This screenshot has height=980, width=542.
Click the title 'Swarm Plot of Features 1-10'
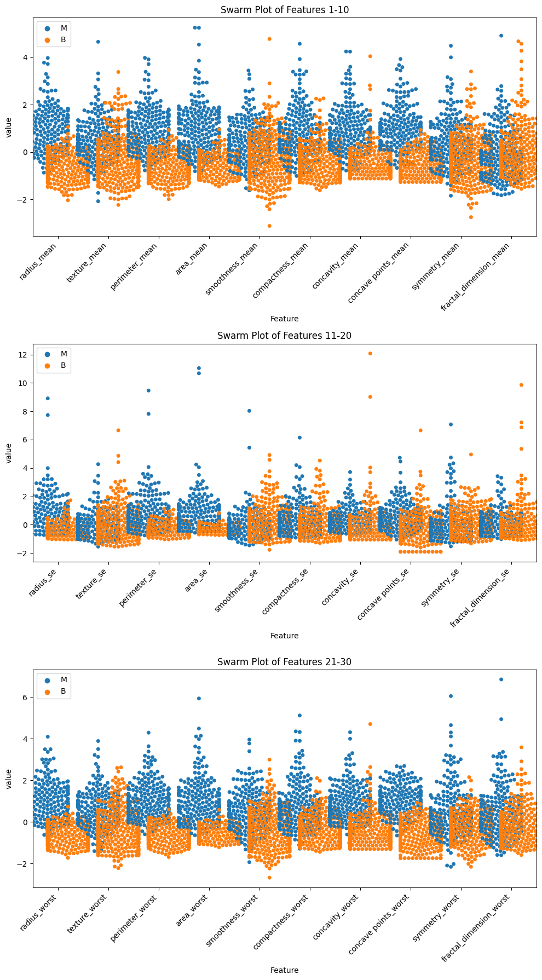point(284,9)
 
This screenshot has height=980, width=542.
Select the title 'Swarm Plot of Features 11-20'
point(284,336)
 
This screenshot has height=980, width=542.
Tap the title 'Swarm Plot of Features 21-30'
point(284,662)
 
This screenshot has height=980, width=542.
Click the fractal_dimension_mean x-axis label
point(476,276)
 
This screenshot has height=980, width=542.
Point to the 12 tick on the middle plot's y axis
point(24,355)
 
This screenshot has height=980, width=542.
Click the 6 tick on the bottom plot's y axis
point(26,697)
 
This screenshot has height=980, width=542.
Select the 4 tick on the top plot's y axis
point(26,57)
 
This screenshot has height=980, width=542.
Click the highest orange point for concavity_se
point(370,354)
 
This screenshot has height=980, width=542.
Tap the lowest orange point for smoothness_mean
point(269,226)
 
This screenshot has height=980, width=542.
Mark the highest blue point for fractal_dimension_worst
point(501,679)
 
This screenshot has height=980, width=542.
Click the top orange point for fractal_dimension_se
point(521,385)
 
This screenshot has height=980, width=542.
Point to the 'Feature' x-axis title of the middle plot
point(284,636)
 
